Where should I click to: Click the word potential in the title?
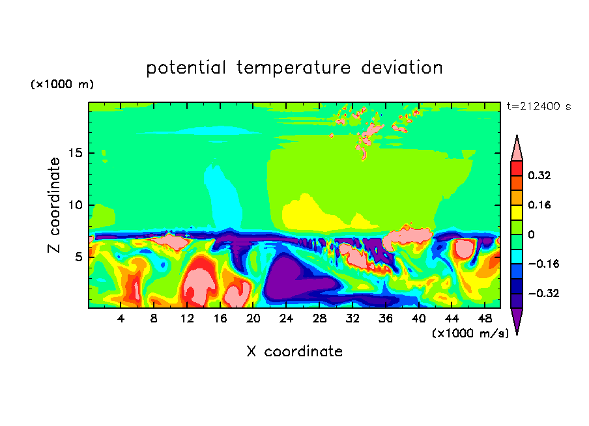pyautogui.click(x=186, y=68)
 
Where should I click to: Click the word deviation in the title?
pyautogui.click(x=402, y=67)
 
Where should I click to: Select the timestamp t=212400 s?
pyautogui.click(x=539, y=107)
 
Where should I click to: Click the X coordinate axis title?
pyautogui.click(x=294, y=352)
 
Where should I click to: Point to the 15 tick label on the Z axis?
pyautogui.click(x=76, y=153)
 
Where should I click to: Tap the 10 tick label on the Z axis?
pyautogui.click(x=76, y=205)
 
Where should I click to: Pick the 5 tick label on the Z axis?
pyautogui.click(x=79, y=257)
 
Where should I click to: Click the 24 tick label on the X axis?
pyautogui.click(x=286, y=319)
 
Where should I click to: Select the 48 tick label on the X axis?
pyautogui.click(x=485, y=319)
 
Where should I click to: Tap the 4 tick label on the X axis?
pyautogui.click(x=121, y=319)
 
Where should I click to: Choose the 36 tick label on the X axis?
pyautogui.click(x=386, y=319)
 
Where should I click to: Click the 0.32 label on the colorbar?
pyautogui.click(x=539, y=175)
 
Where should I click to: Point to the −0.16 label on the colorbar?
pyautogui.click(x=543, y=264)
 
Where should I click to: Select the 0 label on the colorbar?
pyautogui.click(x=531, y=234)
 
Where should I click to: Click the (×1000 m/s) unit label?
pyautogui.click(x=470, y=334)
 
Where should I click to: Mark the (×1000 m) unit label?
pyautogui.click(x=62, y=84)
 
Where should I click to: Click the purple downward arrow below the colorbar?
pyautogui.click(x=517, y=319)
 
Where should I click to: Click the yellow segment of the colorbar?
pyautogui.click(x=517, y=212)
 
